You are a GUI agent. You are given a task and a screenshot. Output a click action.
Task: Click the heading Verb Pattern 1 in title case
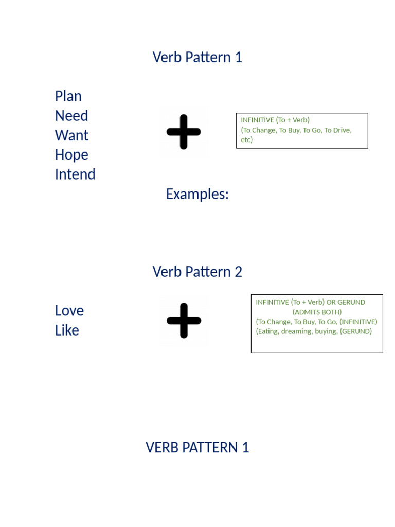click(x=197, y=57)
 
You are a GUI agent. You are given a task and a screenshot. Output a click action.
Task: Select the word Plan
click(x=68, y=96)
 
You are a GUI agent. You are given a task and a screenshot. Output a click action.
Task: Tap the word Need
click(x=71, y=116)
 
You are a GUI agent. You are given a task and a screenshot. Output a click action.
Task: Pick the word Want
click(x=71, y=135)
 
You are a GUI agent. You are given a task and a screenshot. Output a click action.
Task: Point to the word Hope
click(x=71, y=155)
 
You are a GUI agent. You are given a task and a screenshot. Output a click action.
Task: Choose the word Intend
click(x=75, y=174)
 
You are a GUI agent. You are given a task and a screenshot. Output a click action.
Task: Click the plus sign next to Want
click(x=184, y=132)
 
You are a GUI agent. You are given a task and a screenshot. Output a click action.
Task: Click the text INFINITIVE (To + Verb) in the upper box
click(x=275, y=120)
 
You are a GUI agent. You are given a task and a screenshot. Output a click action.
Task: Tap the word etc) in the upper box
click(x=247, y=139)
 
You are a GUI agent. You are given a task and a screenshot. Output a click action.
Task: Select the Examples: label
click(x=197, y=194)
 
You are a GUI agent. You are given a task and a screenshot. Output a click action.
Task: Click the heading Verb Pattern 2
click(x=197, y=272)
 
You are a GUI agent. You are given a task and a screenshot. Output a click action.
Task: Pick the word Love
click(x=69, y=311)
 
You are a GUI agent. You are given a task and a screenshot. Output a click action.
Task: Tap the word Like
click(x=67, y=330)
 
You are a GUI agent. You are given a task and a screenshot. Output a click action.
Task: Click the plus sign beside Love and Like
click(x=184, y=321)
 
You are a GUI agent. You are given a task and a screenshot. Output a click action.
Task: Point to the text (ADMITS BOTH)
click(x=317, y=312)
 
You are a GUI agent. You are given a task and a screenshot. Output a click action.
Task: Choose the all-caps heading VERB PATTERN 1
click(x=197, y=448)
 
